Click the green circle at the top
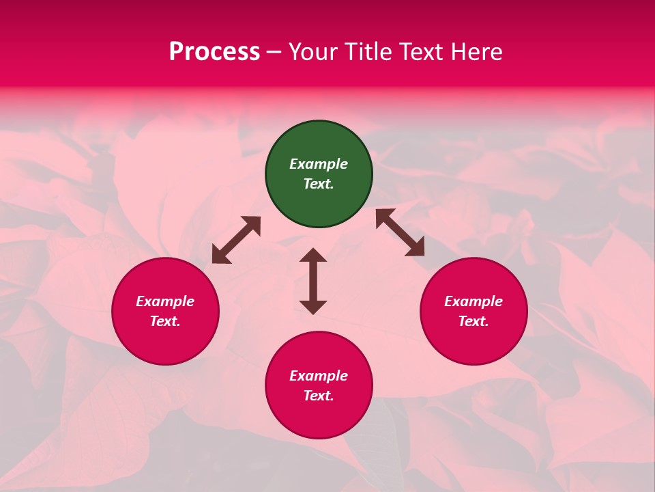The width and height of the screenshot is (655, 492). click(319, 174)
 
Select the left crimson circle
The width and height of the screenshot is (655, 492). click(165, 311)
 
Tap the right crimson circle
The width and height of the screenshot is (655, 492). click(474, 311)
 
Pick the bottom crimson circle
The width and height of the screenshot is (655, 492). click(319, 385)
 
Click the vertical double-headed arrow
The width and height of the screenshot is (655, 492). click(313, 281)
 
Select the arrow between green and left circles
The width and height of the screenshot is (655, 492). click(236, 240)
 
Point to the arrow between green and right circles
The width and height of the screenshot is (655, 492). click(401, 232)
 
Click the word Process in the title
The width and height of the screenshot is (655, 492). click(214, 52)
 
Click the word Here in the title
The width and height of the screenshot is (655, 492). click(477, 52)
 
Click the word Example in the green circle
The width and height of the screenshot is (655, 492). click(319, 164)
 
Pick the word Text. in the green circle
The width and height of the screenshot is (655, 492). click(319, 184)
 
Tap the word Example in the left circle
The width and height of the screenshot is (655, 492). click(165, 301)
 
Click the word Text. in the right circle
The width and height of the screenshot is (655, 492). click(474, 321)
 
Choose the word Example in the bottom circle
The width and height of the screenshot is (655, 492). click(319, 376)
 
